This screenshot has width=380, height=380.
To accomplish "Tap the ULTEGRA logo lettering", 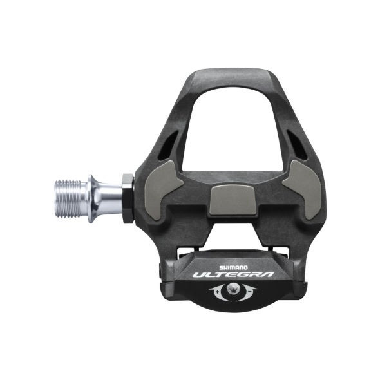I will pos(233,274).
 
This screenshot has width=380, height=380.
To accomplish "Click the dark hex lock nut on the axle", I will pos(128,197).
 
